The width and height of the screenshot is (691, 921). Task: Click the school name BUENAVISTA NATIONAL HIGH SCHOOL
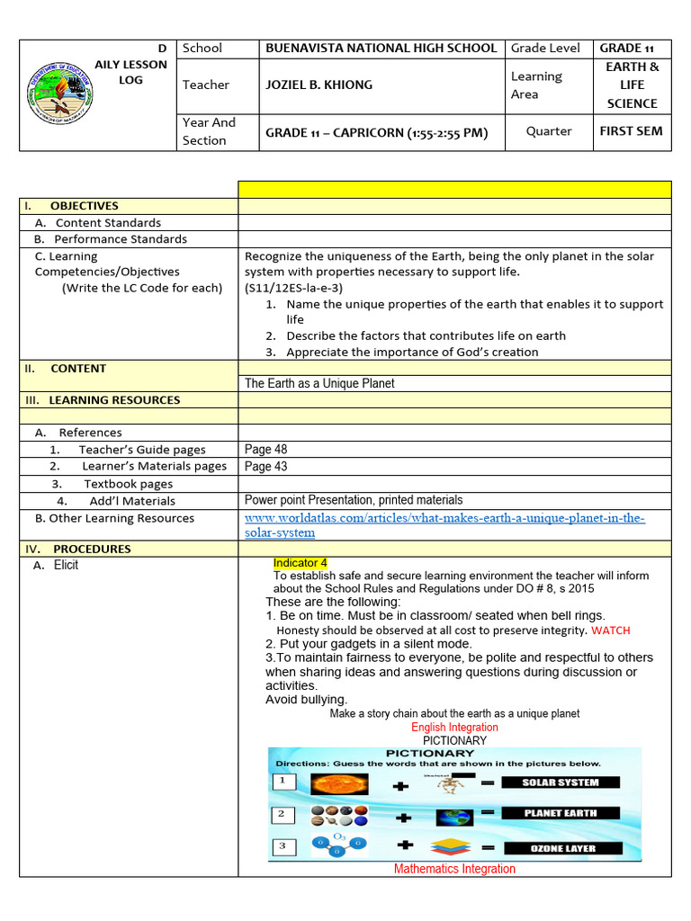381,49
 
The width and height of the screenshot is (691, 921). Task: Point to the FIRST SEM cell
631,131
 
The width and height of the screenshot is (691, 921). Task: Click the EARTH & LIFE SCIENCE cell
632,85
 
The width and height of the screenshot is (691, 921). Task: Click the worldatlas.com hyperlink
444,525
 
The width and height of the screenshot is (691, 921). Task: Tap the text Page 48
266,450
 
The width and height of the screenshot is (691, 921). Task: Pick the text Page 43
266,466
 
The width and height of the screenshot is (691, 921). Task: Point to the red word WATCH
611,630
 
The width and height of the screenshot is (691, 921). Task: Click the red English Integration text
454,727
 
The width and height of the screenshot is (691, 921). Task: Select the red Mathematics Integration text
454,869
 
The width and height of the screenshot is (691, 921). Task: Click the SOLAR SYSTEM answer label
561,782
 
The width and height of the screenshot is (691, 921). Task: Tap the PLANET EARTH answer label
561,813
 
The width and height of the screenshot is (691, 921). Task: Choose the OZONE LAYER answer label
561,848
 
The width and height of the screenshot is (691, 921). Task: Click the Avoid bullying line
306,700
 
